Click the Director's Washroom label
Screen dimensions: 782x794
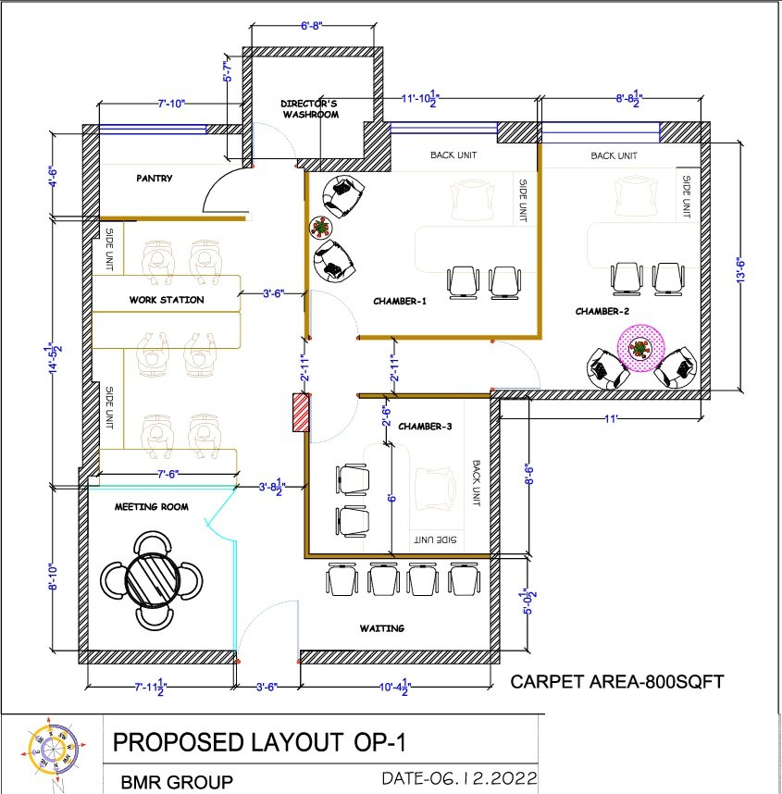[x=310, y=109]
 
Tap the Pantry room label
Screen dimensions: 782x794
[x=155, y=179]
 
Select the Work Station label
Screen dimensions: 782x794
[x=167, y=300]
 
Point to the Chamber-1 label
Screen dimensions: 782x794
[x=400, y=302]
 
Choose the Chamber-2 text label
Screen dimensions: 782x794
[x=602, y=312]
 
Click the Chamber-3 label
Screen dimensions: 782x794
[x=425, y=427]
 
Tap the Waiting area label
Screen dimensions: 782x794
[x=382, y=628]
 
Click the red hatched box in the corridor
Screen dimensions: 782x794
[x=301, y=414]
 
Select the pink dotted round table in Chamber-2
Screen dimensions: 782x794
[x=640, y=348]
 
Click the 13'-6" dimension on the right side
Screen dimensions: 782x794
[x=740, y=270]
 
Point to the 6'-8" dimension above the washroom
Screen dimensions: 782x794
[x=312, y=25]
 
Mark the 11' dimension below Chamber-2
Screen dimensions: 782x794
[x=611, y=419]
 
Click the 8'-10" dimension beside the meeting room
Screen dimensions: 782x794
[x=53, y=577]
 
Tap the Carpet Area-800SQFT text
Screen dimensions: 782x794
[x=617, y=682]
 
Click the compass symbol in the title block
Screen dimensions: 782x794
[x=53, y=748]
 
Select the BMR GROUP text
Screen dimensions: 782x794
[x=177, y=782]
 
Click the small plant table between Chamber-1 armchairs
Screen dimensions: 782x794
[x=320, y=228]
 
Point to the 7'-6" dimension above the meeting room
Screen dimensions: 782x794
[x=168, y=474]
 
